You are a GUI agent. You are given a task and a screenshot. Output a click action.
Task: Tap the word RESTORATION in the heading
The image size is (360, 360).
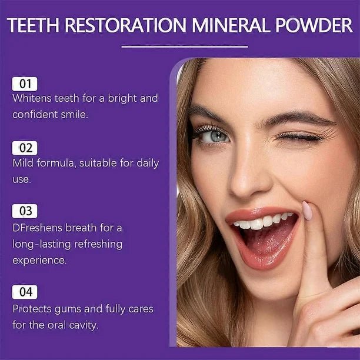point(126,26)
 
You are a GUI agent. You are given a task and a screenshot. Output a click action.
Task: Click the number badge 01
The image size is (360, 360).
point(24,84)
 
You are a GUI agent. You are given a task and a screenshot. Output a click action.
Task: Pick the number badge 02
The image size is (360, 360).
point(24,148)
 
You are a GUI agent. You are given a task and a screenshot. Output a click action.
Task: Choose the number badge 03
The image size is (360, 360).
point(24,211)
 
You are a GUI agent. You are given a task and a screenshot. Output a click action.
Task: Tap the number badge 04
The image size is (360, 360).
point(24,292)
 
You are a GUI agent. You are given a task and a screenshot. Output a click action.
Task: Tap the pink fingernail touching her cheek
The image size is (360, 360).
point(307,210)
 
